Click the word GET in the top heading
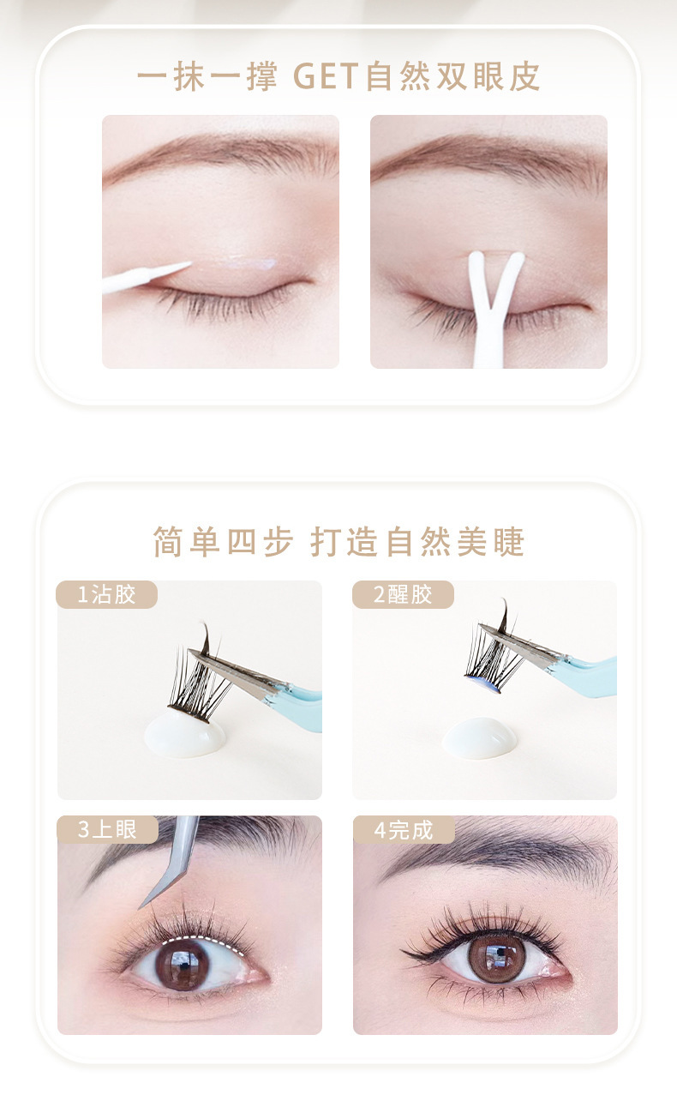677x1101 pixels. (326, 76)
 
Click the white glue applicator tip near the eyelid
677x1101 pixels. (147, 277)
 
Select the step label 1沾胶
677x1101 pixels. (106, 594)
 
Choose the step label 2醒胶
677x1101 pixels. (403, 594)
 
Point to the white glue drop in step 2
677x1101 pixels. (480, 738)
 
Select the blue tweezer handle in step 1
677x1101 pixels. (300, 707)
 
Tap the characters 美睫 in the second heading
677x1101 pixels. (491, 542)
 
